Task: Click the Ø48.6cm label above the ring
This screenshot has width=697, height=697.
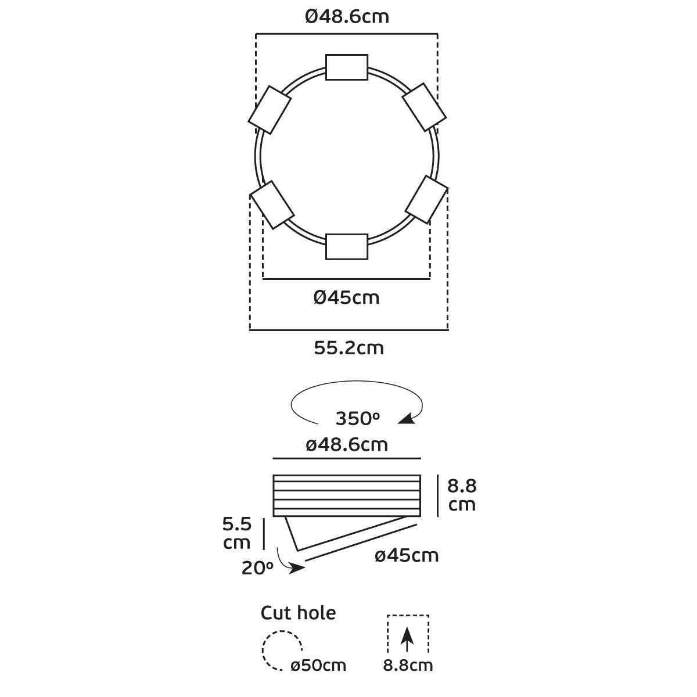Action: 347,17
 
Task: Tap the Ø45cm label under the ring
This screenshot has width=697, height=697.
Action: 347,298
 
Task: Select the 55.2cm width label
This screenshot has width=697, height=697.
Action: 348,348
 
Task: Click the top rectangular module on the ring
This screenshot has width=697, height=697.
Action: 347,67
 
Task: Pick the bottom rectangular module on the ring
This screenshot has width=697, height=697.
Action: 347,247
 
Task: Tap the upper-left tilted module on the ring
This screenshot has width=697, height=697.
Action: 270,110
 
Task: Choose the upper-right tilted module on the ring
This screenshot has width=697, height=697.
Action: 424,107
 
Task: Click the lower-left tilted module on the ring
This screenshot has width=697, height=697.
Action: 272,205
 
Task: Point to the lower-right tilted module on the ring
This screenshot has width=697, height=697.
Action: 426,200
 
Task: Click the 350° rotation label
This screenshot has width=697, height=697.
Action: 357,419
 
